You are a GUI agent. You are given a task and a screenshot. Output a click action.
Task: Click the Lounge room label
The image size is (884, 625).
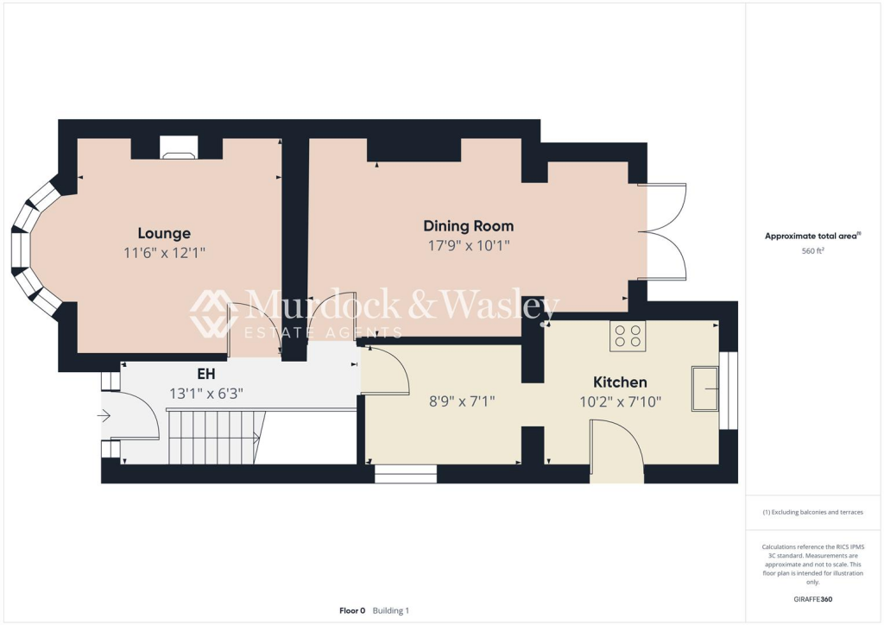pos(164,233)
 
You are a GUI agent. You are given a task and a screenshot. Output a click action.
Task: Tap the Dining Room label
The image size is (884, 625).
pos(468,226)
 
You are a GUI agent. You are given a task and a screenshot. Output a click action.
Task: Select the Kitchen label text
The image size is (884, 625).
pos(620,382)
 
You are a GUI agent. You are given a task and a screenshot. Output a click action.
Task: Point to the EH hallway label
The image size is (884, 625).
pos(206,375)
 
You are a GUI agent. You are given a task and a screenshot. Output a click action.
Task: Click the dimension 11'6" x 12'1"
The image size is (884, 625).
pos(164,253)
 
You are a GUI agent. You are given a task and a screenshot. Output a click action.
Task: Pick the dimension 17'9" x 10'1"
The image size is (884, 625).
pos(468,246)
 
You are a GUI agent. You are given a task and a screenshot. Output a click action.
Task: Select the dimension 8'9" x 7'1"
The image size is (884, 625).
pos(463,401)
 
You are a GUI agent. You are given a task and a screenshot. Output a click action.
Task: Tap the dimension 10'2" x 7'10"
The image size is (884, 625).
pos(620,401)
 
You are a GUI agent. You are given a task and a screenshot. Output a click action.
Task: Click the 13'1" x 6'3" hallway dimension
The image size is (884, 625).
pos(206,394)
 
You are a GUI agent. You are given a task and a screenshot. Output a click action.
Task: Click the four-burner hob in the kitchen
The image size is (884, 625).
pos(628,336)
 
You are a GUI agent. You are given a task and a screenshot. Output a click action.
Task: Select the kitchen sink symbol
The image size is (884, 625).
pos(706,388)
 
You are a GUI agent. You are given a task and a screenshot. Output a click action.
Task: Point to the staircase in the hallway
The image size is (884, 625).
pos(214,437)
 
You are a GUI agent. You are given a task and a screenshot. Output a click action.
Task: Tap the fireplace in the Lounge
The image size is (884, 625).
pos(179,148)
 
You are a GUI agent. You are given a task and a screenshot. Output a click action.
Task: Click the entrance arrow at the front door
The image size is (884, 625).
pos(104,416)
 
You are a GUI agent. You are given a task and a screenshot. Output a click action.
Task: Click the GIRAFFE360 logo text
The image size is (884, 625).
pos(813,599)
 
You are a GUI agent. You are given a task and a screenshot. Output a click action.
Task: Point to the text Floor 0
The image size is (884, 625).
pos(352,610)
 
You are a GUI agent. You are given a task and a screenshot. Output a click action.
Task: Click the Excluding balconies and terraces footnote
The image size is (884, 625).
pos(813,512)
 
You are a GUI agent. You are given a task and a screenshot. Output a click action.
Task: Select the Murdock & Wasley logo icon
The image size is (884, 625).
pos(214,312)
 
